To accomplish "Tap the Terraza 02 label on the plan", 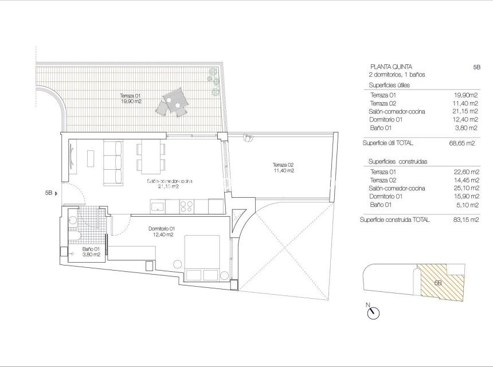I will (283, 168).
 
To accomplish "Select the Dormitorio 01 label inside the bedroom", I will (163, 231).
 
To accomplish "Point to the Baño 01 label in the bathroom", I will (91, 252).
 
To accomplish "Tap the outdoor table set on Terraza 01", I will (174, 102).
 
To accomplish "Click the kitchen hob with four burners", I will (187, 205).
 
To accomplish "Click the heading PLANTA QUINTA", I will (391, 67).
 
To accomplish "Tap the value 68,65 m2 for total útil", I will (462, 143).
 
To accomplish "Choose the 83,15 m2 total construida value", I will (462, 220).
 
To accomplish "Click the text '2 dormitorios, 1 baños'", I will (397, 75).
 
